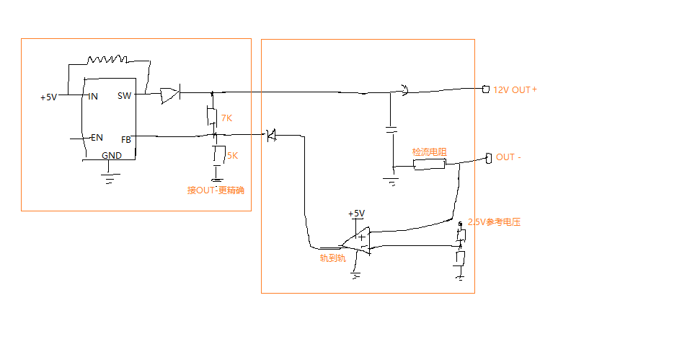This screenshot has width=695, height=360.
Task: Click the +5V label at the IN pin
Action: pyautogui.click(x=48, y=97)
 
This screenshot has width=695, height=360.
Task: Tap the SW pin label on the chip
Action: pyautogui.click(x=124, y=96)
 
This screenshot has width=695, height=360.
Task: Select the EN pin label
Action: pyautogui.click(x=97, y=137)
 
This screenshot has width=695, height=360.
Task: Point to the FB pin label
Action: pyautogui.click(x=126, y=139)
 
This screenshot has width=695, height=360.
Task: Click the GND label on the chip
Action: pyautogui.click(x=112, y=155)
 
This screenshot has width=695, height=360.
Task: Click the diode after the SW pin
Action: pyautogui.click(x=170, y=94)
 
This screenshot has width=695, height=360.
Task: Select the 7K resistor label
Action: pyautogui.click(x=226, y=118)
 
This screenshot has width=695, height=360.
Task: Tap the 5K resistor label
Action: pyautogui.click(x=232, y=155)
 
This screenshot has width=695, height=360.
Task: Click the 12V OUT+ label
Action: pyautogui.click(x=514, y=90)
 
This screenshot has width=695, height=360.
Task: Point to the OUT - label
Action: pyautogui.click(x=509, y=157)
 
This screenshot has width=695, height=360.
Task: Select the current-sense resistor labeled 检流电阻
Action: pyautogui.click(x=429, y=165)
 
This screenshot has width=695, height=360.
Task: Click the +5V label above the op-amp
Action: pyautogui.click(x=356, y=214)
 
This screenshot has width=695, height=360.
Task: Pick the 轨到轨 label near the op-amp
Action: pyautogui.click(x=332, y=257)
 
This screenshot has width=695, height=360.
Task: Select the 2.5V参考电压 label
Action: pyautogui.click(x=494, y=222)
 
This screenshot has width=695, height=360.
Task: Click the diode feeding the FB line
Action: pyautogui.click(x=271, y=134)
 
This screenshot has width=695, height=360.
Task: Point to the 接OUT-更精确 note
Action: pyautogui.click(x=216, y=190)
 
